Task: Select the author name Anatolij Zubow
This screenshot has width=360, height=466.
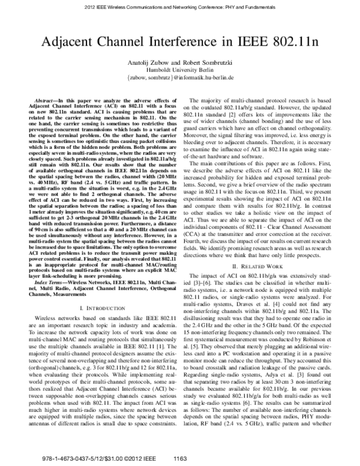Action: click(152, 62)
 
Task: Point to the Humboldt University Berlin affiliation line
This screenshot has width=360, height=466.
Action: click(180, 70)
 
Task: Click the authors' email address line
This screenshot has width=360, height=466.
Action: click(180, 77)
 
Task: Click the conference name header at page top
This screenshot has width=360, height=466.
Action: click(180, 7)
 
